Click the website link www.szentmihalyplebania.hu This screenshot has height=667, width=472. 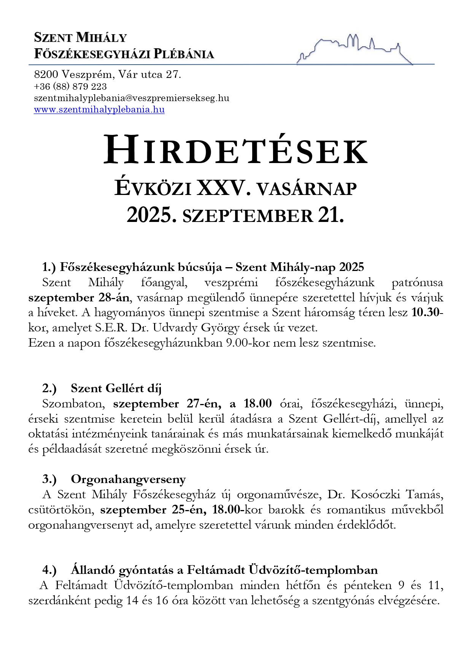(99, 110)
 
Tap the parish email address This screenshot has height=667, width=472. (132, 98)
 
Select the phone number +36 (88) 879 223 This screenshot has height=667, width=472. (70, 86)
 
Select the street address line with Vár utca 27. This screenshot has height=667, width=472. (107, 74)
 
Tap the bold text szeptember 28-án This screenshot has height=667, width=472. (79, 298)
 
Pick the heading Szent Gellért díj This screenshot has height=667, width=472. (116, 388)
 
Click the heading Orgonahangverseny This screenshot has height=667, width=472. (128, 479)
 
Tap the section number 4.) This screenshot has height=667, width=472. (49, 570)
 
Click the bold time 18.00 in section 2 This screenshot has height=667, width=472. (257, 404)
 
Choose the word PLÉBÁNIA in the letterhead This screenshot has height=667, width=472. (184, 54)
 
